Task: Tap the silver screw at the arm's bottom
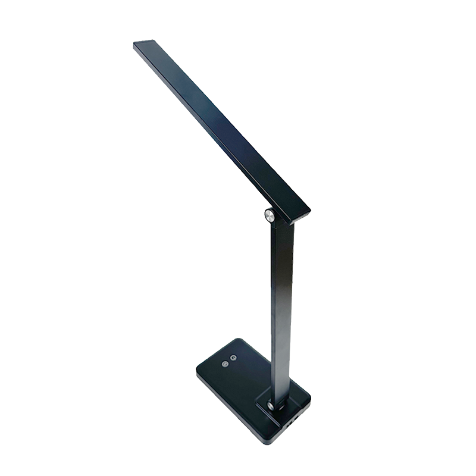271,406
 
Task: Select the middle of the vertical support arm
282,309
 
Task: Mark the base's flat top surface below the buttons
238,390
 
